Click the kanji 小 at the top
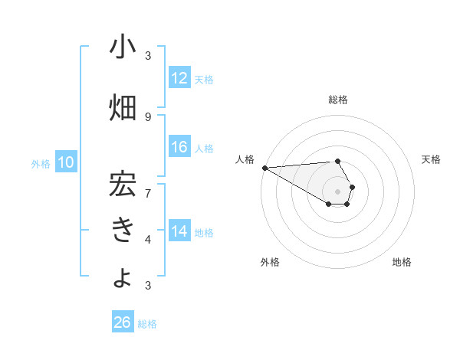point(123,47)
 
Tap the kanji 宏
point(123,185)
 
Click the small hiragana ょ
point(123,280)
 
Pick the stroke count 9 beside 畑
point(148,116)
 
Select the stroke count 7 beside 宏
point(148,192)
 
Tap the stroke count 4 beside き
point(148,240)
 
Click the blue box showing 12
point(179,78)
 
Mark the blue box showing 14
point(179,231)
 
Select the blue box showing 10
point(67,162)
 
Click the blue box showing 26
point(123,322)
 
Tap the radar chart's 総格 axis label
point(338,100)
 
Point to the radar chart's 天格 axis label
point(432,159)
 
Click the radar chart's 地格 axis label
point(402,262)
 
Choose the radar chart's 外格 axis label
point(270,262)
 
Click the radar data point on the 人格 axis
point(264,168)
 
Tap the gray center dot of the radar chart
point(338,191)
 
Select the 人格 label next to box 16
point(204,148)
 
